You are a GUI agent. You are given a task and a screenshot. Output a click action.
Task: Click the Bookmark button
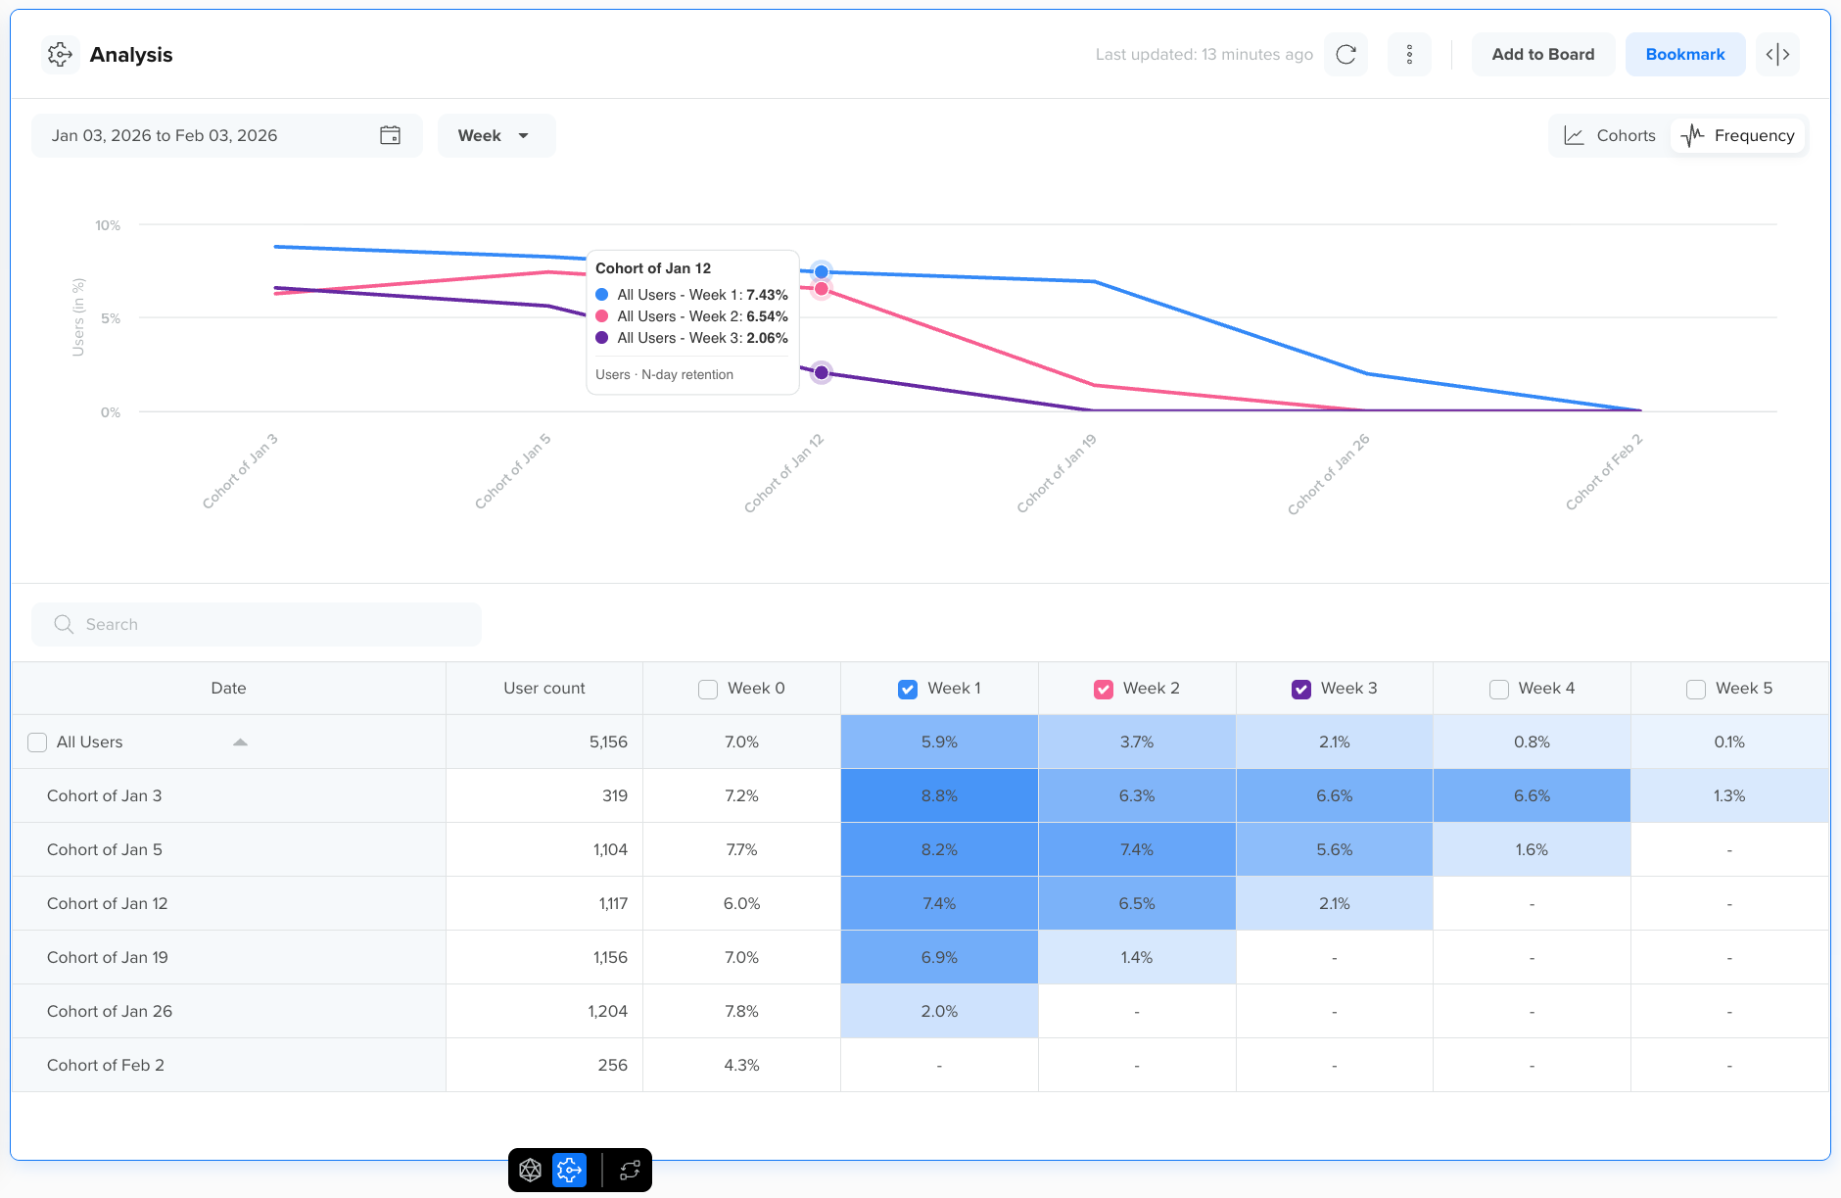[x=1684, y=55]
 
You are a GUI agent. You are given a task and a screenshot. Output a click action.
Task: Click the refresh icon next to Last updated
[x=1345, y=55]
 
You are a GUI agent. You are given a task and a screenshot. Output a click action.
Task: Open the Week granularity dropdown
[x=496, y=136]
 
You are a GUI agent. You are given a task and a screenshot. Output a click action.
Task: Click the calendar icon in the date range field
[x=390, y=136]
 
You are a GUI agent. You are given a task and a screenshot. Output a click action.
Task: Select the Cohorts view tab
[x=1610, y=136]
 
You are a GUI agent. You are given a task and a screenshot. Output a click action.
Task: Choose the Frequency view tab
[x=1739, y=136]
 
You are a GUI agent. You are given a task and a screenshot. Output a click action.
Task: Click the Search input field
[x=257, y=625]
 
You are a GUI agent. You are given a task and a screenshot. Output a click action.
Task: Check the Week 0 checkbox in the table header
[x=708, y=690]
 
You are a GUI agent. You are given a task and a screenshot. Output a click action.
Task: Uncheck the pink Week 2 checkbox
[x=1104, y=690]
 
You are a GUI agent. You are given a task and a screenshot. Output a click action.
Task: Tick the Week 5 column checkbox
[x=1696, y=690]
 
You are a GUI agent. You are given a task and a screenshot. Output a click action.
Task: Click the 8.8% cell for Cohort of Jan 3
[x=939, y=796]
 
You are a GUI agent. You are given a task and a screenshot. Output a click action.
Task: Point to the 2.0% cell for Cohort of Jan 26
[x=939, y=1012]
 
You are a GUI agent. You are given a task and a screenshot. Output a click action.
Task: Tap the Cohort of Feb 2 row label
[x=106, y=1066]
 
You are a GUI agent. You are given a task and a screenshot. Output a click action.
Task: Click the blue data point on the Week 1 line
[x=822, y=272]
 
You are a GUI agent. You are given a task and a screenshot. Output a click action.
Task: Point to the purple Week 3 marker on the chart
[x=822, y=373]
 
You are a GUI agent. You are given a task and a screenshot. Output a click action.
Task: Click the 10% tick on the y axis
[x=108, y=226]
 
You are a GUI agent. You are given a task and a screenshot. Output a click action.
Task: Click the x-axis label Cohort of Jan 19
[x=1057, y=473]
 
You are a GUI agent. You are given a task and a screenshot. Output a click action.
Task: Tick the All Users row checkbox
[x=37, y=743]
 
